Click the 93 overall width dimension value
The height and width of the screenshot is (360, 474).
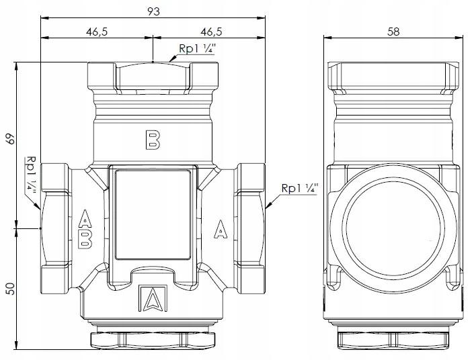153,11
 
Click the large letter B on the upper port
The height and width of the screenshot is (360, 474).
153,139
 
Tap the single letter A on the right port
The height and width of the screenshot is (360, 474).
220,229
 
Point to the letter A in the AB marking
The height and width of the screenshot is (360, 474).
85,218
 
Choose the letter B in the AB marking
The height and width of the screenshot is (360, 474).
85,240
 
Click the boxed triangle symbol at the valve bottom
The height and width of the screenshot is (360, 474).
153,300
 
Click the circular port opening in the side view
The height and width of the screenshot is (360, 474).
395,228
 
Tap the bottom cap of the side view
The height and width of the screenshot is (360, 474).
395,337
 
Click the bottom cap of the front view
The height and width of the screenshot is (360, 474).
153,337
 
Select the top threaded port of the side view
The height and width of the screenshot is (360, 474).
395,77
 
